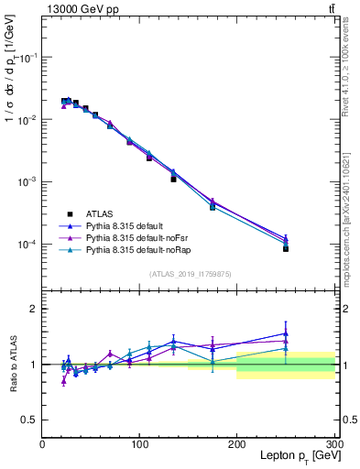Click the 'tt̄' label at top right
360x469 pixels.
pyautogui.click(x=331, y=8)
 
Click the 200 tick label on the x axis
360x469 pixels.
pyautogui.click(x=237, y=444)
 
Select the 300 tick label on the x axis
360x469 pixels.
pyautogui.click(x=333, y=444)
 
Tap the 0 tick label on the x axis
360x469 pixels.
pyautogui.click(x=42, y=444)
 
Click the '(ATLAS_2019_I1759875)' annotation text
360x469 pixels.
pyautogui.click(x=189, y=273)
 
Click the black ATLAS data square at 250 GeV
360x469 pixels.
pyautogui.click(x=286, y=248)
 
